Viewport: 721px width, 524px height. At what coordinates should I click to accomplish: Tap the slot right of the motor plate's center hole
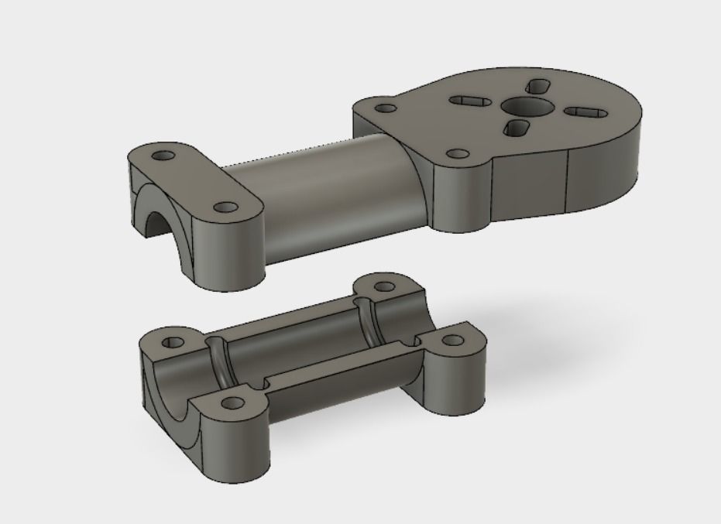pos(582,112)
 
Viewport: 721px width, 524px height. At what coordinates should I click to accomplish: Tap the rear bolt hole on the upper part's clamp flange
pos(163,156)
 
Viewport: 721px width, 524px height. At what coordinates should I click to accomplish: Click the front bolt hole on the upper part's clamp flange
pos(225,208)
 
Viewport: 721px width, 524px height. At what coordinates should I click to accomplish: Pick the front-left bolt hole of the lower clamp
pos(231,402)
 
